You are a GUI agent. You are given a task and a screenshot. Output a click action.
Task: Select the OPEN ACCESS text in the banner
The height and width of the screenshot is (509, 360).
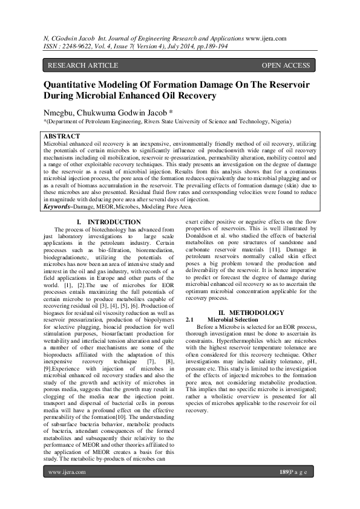(286, 65)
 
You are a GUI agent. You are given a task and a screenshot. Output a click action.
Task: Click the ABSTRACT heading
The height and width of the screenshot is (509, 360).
(62, 137)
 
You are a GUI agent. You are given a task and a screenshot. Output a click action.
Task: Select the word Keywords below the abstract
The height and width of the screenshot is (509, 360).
(59, 207)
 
